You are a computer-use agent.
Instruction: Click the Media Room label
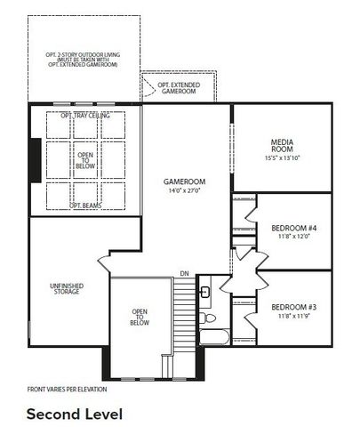pyautogui.click(x=282, y=146)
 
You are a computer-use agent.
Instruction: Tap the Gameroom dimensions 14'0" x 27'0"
pyautogui.click(x=185, y=189)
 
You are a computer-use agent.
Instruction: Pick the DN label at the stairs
pyautogui.click(x=184, y=273)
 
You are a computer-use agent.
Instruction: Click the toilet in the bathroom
pyautogui.click(x=209, y=318)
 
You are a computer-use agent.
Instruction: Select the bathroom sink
pyautogui.click(x=204, y=293)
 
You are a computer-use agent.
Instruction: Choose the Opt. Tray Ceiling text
pyautogui.click(x=84, y=116)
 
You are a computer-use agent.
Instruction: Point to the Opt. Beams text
pyautogui.click(x=85, y=205)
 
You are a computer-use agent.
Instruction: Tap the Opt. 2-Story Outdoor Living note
pyautogui.click(x=84, y=59)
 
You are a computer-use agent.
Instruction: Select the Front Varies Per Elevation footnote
pyautogui.click(x=66, y=390)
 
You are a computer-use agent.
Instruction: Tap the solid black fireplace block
pyautogui.click(x=35, y=161)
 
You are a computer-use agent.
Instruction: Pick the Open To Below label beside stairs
pyautogui.click(x=140, y=316)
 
